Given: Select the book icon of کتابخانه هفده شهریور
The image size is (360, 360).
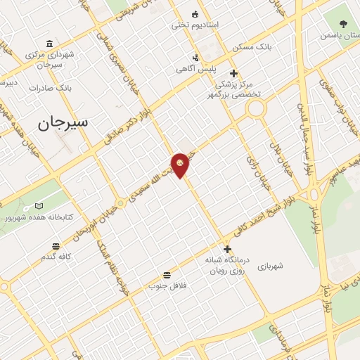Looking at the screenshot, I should click(x=39, y=207).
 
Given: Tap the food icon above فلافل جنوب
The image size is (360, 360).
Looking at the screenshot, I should click(x=167, y=275).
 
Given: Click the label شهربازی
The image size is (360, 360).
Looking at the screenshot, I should click(x=269, y=266).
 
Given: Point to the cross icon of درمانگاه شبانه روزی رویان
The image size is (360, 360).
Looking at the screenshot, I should click(x=227, y=249).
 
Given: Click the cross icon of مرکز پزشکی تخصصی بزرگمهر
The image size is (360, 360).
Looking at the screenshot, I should click(x=233, y=73).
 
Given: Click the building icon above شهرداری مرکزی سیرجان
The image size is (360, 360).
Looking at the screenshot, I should click(x=49, y=43).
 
